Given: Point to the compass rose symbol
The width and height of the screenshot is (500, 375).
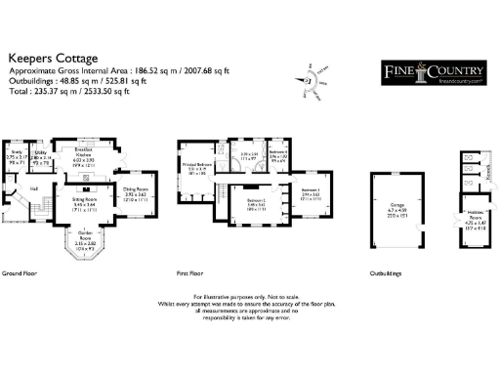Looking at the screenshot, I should (x=316, y=81).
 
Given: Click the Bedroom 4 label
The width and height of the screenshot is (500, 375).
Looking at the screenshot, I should (x=277, y=154).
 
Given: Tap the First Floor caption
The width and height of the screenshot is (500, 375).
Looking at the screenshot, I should (x=190, y=275).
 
